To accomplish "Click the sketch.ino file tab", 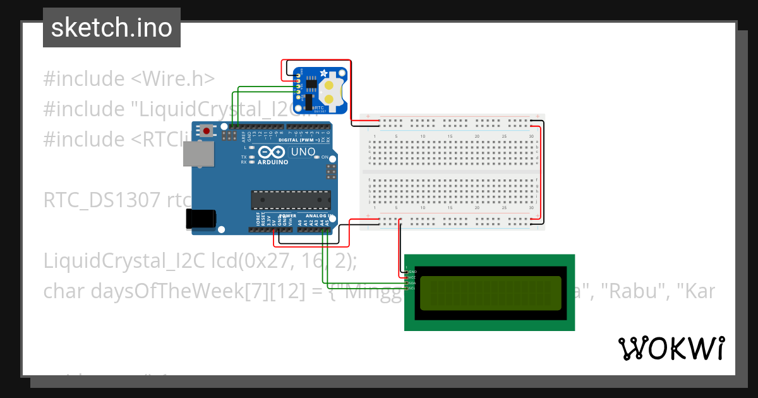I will pos(111,28).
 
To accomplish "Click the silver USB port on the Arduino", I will pos(198,154).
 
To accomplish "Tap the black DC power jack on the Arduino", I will pos(202,219).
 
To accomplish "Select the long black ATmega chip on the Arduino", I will pos(290,200).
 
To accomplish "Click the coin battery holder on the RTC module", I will pos(330,90).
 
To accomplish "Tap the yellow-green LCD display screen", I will pos(490,292).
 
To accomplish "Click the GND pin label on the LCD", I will pos(412,272).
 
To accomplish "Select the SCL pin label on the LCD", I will pos(412,289).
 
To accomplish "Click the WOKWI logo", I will pos(671,348).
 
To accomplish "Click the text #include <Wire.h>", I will pos(129,79).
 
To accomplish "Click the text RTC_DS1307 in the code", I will pos(102,200).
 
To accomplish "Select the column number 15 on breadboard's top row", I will pos(450,136).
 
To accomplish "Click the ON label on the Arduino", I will pos(324,157).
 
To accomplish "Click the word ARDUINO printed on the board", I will pos(272,162).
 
